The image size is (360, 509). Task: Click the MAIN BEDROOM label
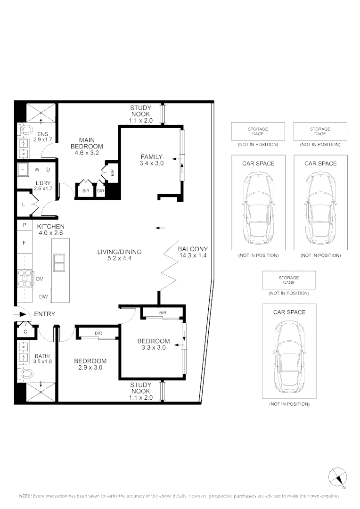pyautogui.click(x=87, y=143)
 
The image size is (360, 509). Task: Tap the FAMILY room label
pyautogui.click(x=151, y=157)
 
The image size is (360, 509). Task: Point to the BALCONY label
pyautogui.click(x=193, y=249)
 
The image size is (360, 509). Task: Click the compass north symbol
pyautogui.click(x=337, y=477)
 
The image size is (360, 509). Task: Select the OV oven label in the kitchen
pyautogui.click(x=39, y=279)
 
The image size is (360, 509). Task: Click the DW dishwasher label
pyautogui.click(x=43, y=297)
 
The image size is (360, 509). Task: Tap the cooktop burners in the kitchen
pyautogui.click(x=23, y=278)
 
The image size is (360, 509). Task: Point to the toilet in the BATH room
pyautogui.click(x=25, y=374)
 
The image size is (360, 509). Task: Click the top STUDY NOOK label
pyautogui.click(x=140, y=111)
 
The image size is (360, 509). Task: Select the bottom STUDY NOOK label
pyautogui.click(x=140, y=388)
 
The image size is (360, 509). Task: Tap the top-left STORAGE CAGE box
pyautogui.click(x=258, y=131)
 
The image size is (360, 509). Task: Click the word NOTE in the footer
pyautogui.click(x=25, y=496)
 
